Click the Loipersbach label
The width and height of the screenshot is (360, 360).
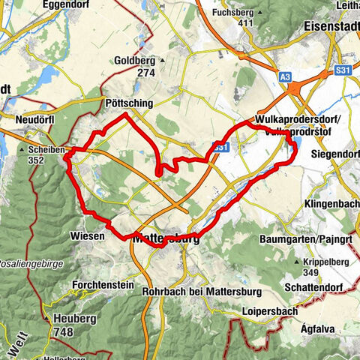point(267,310)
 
